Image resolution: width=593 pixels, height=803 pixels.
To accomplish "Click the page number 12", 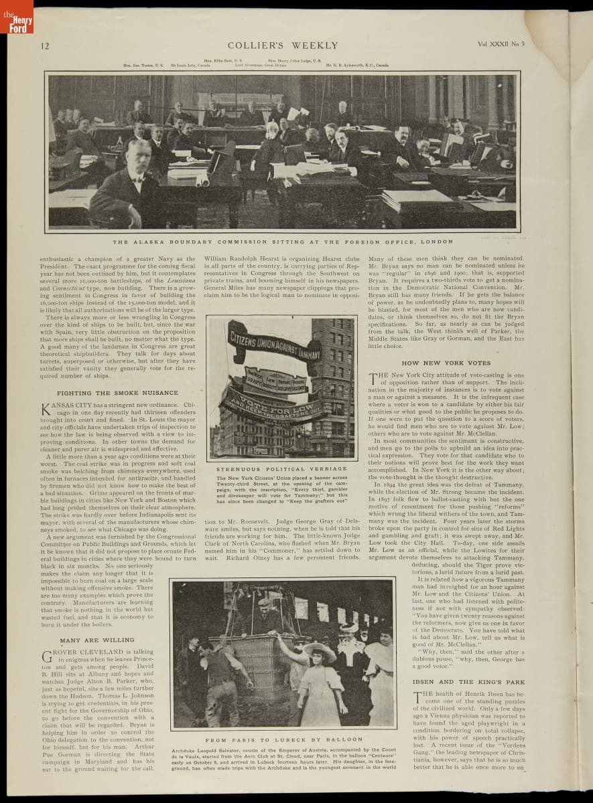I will tap(45, 46).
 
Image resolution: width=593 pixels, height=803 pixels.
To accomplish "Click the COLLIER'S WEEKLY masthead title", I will tap(283, 46).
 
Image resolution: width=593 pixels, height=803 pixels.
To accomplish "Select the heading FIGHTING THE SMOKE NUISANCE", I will tap(117, 393).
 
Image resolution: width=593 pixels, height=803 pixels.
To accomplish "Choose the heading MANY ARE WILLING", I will tap(96, 640).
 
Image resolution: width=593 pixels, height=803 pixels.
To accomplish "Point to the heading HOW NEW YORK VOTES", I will tap(446, 363).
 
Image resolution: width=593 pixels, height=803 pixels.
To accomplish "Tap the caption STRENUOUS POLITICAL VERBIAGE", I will tap(281, 469).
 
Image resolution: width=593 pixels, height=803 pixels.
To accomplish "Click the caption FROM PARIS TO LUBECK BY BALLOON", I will tap(284, 740).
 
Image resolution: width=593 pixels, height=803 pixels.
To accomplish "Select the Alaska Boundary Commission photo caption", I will tap(283, 242).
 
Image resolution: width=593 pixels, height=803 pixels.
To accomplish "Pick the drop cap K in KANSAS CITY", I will tap(46, 409).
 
